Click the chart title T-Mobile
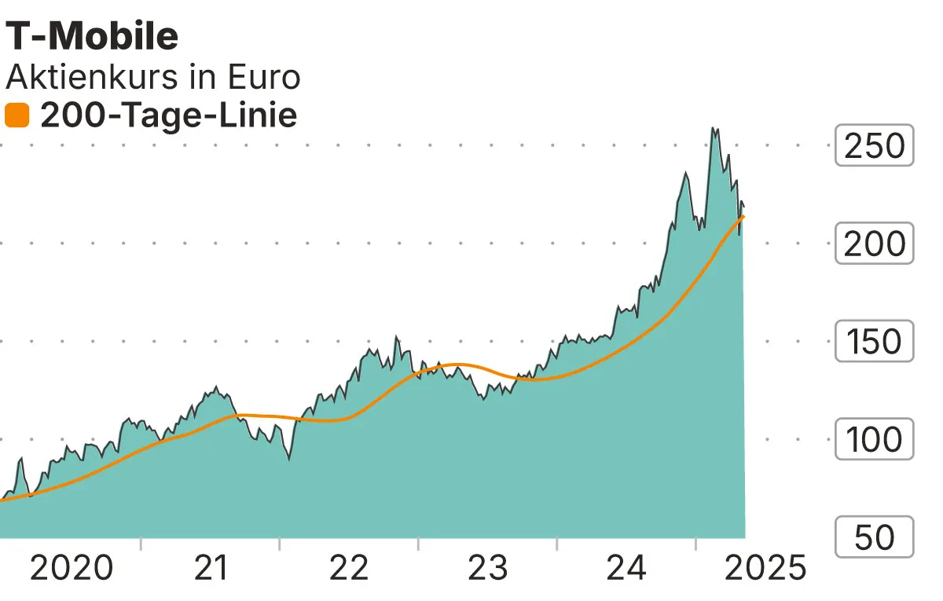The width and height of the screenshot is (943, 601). click(92, 36)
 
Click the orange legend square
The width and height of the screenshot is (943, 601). click(17, 116)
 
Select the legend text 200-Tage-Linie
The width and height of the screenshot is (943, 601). click(168, 116)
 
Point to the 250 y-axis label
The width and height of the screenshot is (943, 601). click(874, 145)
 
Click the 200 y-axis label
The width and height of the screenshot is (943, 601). click(874, 244)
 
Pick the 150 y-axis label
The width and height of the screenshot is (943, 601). click(874, 342)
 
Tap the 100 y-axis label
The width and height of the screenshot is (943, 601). click(874, 439)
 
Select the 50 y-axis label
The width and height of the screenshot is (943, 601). click(874, 537)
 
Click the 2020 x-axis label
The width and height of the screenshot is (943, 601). click(72, 567)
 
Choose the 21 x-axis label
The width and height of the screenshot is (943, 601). click(211, 567)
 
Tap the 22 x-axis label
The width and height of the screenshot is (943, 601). click(349, 567)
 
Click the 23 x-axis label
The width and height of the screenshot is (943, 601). click(488, 567)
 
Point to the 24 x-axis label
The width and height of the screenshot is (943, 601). click(626, 567)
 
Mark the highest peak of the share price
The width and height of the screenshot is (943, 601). click(714, 127)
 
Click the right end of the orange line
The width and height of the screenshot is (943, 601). click(743, 215)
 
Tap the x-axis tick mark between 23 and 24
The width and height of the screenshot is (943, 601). click(557, 544)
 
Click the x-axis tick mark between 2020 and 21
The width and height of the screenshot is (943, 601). click(141, 544)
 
